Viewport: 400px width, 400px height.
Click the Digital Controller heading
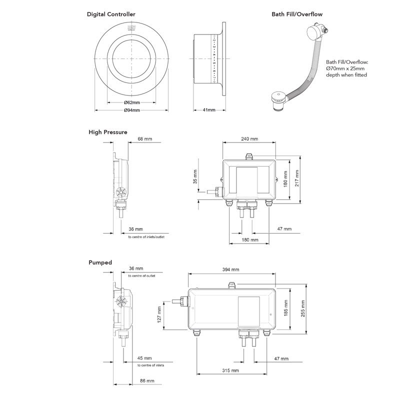(x=111, y=14)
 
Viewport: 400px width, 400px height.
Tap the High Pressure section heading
(x=108, y=132)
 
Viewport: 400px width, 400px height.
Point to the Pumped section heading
(x=100, y=262)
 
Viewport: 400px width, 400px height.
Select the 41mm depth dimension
(x=208, y=110)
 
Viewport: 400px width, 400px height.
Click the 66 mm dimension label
(x=145, y=138)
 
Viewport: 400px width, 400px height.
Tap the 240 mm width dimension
(x=250, y=138)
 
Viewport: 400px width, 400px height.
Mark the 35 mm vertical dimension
(x=195, y=176)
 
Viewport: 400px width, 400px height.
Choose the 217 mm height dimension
(x=297, y=176)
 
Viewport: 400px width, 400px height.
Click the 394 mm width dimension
(x=230, y=269)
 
